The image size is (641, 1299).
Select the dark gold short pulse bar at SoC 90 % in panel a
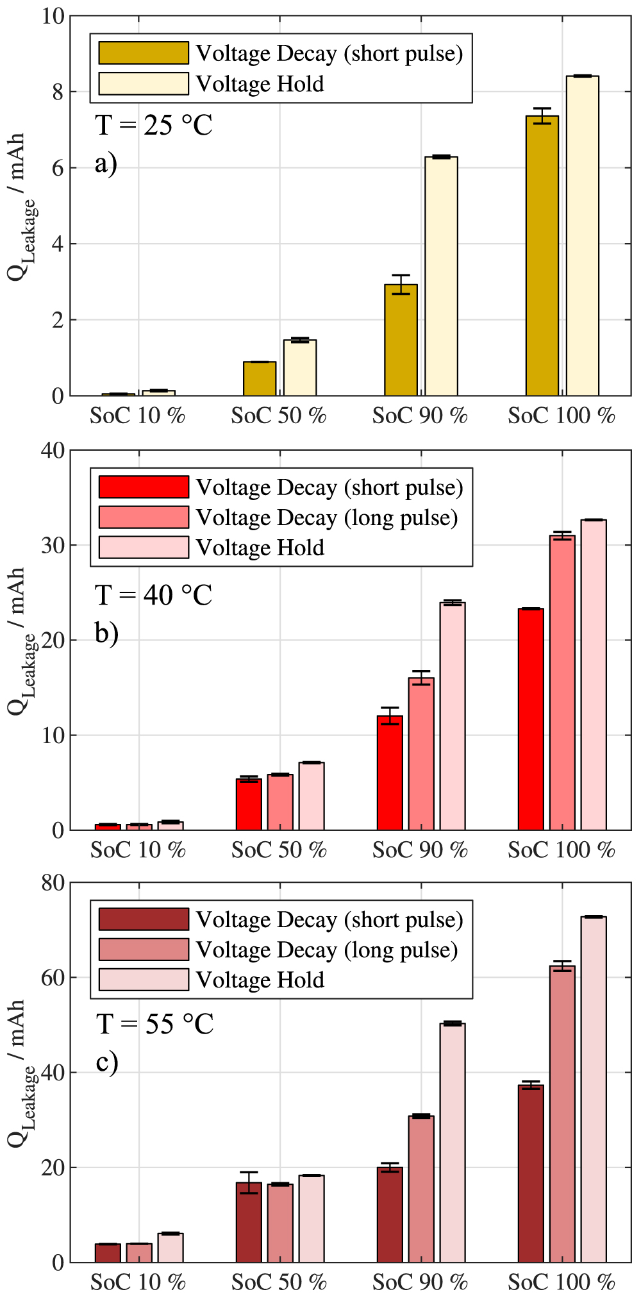coord(401,340)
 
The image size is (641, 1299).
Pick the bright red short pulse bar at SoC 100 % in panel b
coord(531,719)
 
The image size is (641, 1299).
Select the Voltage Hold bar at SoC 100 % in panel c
coord(594,1089)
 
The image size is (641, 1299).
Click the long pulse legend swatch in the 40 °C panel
coord(144,517)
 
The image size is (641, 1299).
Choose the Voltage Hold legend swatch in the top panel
coord(144,83)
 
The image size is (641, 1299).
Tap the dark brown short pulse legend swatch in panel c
coord(144,919)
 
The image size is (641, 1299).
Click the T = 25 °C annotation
coord(154,125)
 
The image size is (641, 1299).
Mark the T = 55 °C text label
coord(154,1024)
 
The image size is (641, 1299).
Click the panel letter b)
coord(106,633)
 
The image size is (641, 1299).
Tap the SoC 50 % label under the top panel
coord(279,416)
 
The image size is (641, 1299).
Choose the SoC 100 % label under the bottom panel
coord(562,1282)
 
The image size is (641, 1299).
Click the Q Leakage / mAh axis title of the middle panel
coord(18,641)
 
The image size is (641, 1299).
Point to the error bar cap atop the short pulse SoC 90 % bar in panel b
coord(390,708)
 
